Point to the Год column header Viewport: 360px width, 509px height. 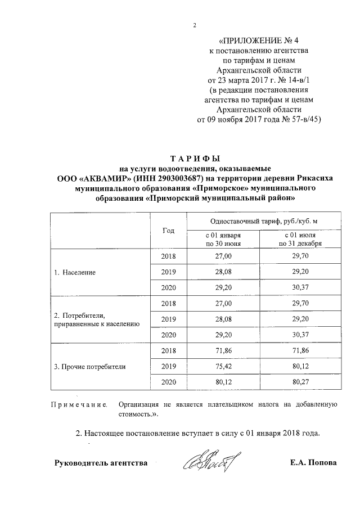(x=168, y=231)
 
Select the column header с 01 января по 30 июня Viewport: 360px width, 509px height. (x=223, y=240)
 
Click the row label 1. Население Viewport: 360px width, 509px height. (x=75, y=272)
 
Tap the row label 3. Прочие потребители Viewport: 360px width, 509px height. (x=89, y=367)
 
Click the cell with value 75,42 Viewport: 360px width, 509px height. (x=223, y=367)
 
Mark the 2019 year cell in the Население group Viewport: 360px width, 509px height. (x=168, y=272)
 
